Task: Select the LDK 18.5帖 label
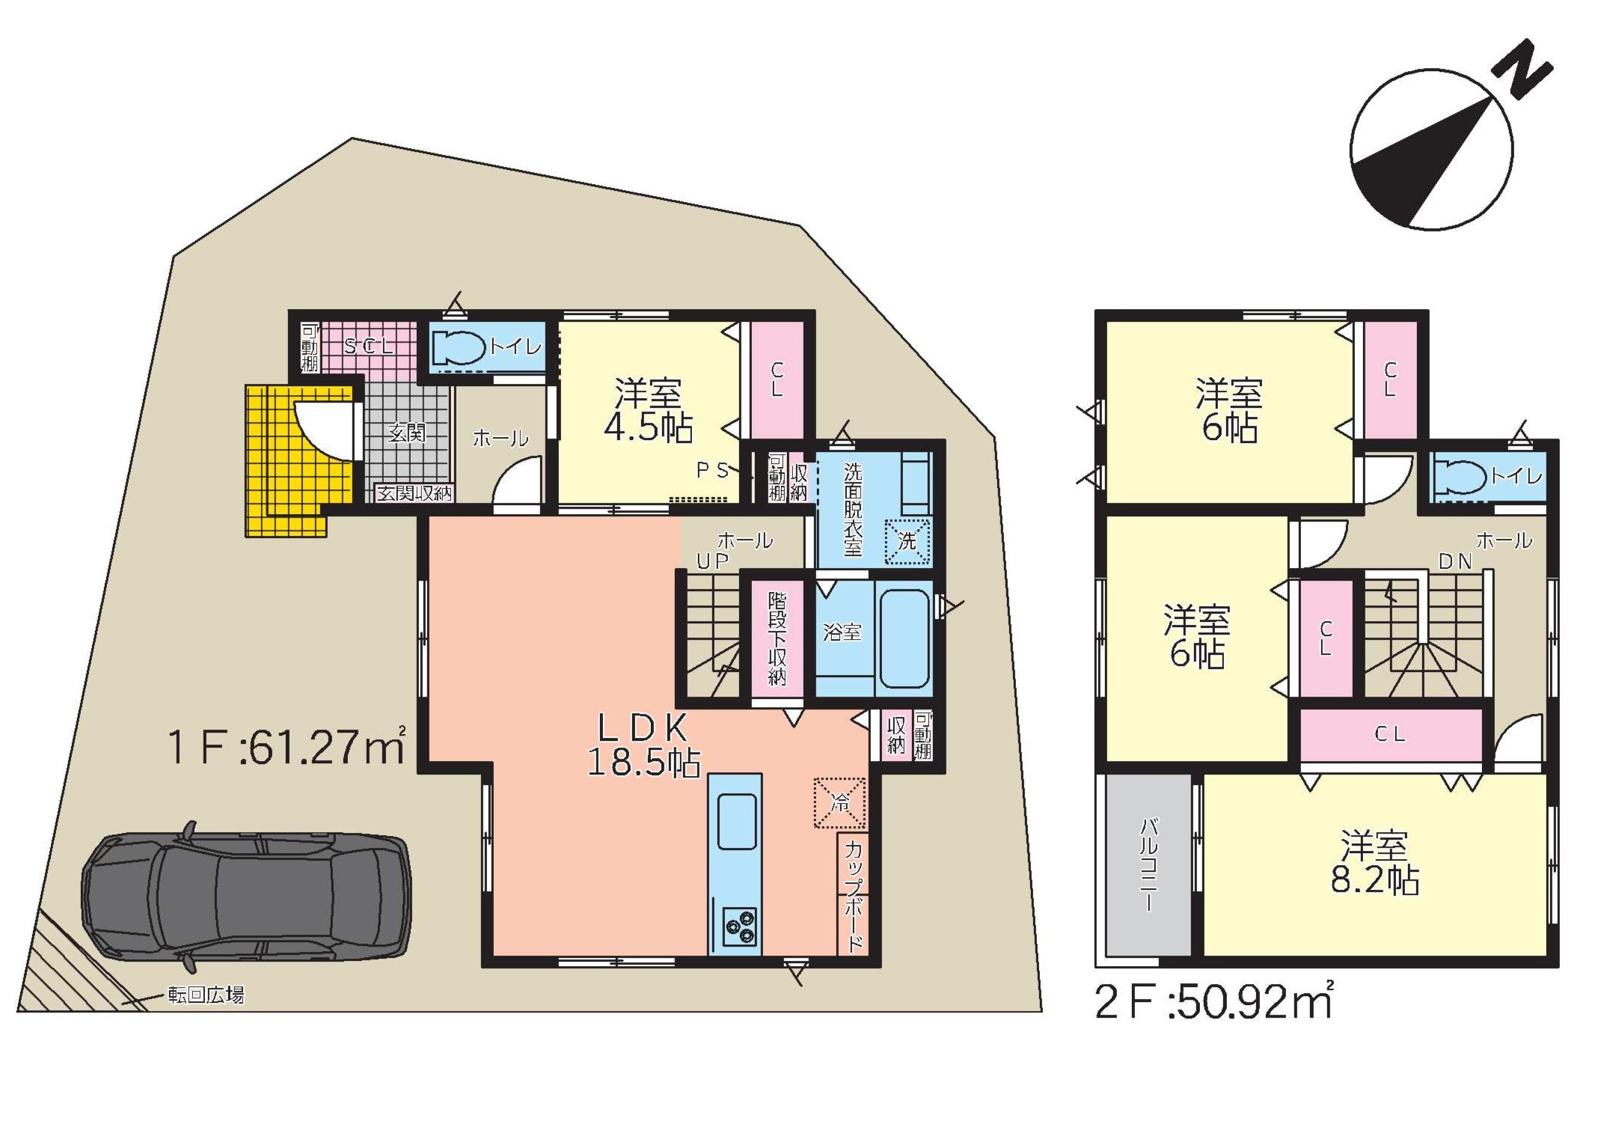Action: coord(644,745)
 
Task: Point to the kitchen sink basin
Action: coord(737,822)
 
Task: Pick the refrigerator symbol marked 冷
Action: coord(839,803)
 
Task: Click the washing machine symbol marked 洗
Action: coord(907,541)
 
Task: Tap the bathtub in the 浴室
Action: coord(904,638)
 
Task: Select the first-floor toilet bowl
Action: coord(459,347)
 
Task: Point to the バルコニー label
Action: coord(1148,865)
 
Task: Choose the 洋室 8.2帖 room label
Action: coord(1374,862)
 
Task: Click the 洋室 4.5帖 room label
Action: coord(649,411)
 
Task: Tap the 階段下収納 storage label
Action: coord(777,638)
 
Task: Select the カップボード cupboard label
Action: coord(854,895)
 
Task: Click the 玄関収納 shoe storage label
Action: coord(414,493)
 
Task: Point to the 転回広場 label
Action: coord(206,995)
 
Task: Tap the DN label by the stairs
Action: coord(1455,561)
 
